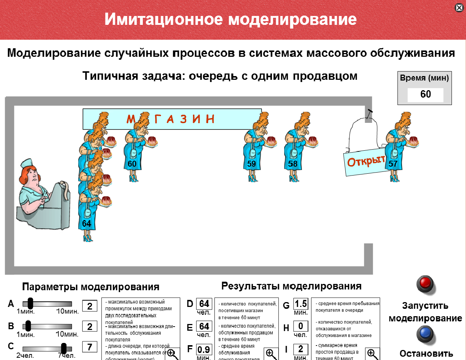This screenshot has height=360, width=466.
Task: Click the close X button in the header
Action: pyautogui.click(x=459, y=8)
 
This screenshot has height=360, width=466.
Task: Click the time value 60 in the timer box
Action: pyautogui.click(x=425, y=94)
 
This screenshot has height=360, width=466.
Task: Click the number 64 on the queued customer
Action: pyautogui.click(x=86, y=223)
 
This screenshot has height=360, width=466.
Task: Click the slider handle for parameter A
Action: pyautogui.click(x=30, y=304)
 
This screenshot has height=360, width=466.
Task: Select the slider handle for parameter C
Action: pyautogui.click(x=64, y=348)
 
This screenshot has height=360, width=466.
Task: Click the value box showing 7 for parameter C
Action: pyautogui.click(x=89, y=347)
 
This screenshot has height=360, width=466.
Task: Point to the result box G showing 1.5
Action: pyautogui.click(x=301, y=304)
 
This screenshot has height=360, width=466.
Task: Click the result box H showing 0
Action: pyautogui.click(x=301, y=326)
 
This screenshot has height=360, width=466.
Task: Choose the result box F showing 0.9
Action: pyautogui.click(x=204, y=349)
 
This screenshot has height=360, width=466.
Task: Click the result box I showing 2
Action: pyautogui.click(x=301, y=349)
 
